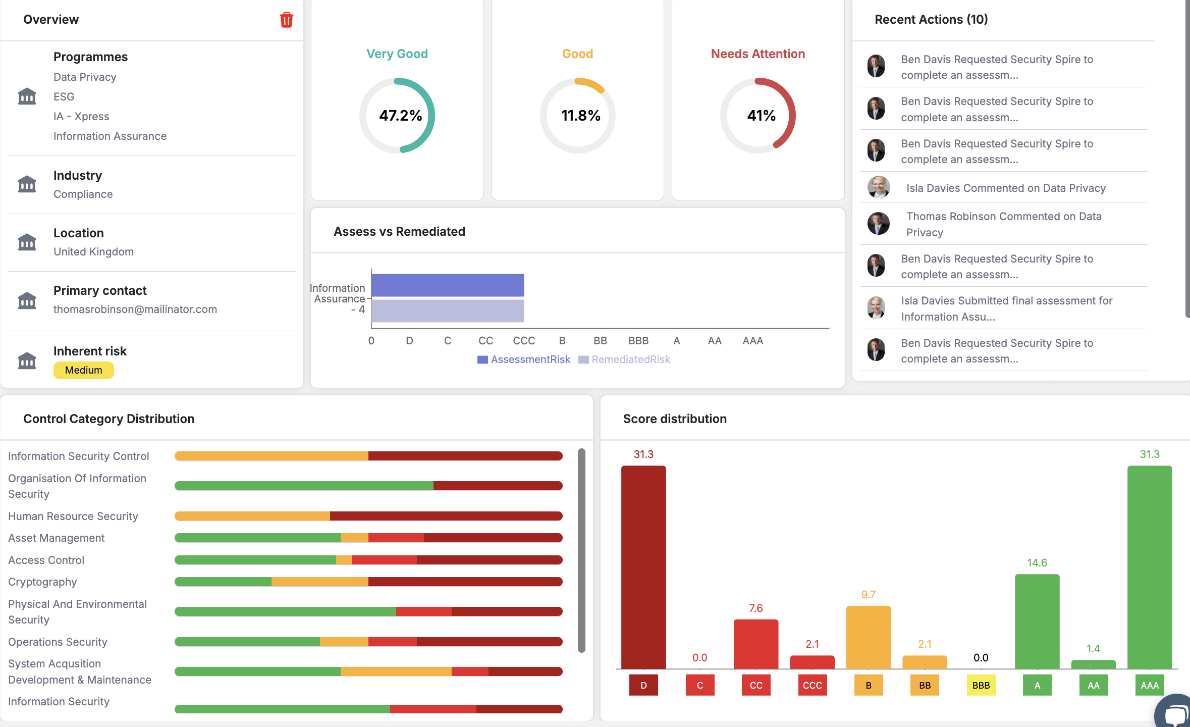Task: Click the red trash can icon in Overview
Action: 286,20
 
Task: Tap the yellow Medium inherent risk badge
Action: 83,370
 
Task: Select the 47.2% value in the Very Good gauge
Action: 400,116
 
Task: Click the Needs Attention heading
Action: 758,54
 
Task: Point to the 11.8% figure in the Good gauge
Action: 580,116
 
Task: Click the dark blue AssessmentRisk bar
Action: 447,285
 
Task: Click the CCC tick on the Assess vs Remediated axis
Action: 524,341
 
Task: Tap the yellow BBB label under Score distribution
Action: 981,685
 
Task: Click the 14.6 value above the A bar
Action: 1037,562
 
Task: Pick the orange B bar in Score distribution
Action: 868,637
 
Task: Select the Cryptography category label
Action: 42,582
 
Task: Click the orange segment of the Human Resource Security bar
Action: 252,516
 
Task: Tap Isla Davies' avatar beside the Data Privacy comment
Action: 878,187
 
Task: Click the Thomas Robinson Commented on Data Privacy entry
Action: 1003,224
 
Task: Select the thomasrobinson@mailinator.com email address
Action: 135,309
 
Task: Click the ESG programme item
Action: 64,96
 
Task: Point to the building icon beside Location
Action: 27,242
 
